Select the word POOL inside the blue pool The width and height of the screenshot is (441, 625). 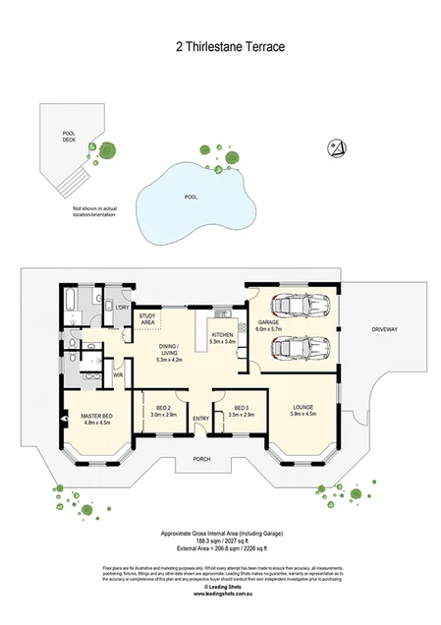point(191,197)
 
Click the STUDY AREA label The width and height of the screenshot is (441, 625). point(148,318)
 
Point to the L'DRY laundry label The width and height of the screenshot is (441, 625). point(122,308)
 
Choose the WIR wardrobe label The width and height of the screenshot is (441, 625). point(118,374)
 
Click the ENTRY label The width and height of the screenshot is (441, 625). point(201,420)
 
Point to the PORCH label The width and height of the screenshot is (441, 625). point(201,459)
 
